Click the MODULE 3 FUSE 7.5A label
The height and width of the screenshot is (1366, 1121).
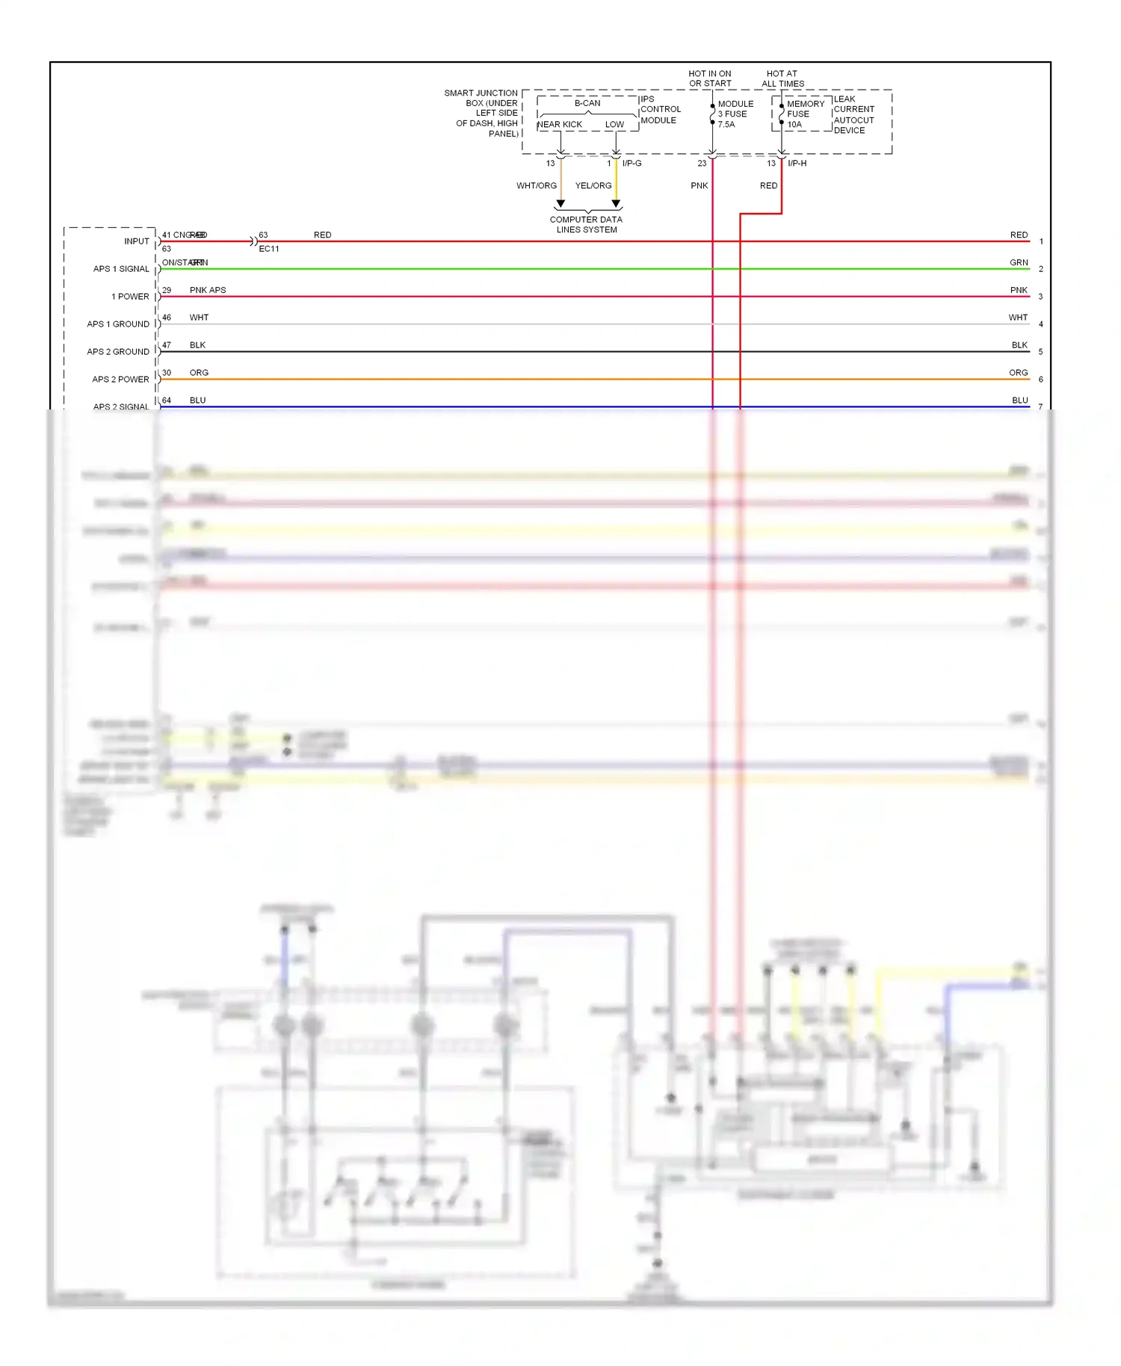735,114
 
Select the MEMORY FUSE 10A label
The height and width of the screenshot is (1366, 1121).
805,114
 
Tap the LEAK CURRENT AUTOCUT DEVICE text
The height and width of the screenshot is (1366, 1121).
853,114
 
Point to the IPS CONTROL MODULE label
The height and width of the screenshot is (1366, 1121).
660,109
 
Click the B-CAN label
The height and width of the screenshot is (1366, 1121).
587,103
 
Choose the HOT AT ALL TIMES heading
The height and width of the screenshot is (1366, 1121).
782,78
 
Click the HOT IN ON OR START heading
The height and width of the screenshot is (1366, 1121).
710,78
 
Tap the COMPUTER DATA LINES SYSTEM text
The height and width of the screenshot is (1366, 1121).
586,224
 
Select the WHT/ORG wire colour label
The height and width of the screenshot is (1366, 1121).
536,185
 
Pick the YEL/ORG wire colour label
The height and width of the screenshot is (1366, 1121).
593,185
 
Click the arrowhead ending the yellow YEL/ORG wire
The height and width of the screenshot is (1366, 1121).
616,203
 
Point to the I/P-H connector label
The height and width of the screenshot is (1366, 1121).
797,163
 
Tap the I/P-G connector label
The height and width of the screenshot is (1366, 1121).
631,163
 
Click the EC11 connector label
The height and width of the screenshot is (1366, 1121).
269,249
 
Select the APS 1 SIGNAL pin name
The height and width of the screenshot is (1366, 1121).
121,269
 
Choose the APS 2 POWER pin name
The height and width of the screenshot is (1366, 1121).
120,380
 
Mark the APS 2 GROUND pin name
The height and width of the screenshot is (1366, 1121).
118,352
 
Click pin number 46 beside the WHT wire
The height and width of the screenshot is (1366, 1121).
167,318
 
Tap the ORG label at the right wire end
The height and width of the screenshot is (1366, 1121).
1018,372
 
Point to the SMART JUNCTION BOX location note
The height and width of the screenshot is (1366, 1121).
482,113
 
